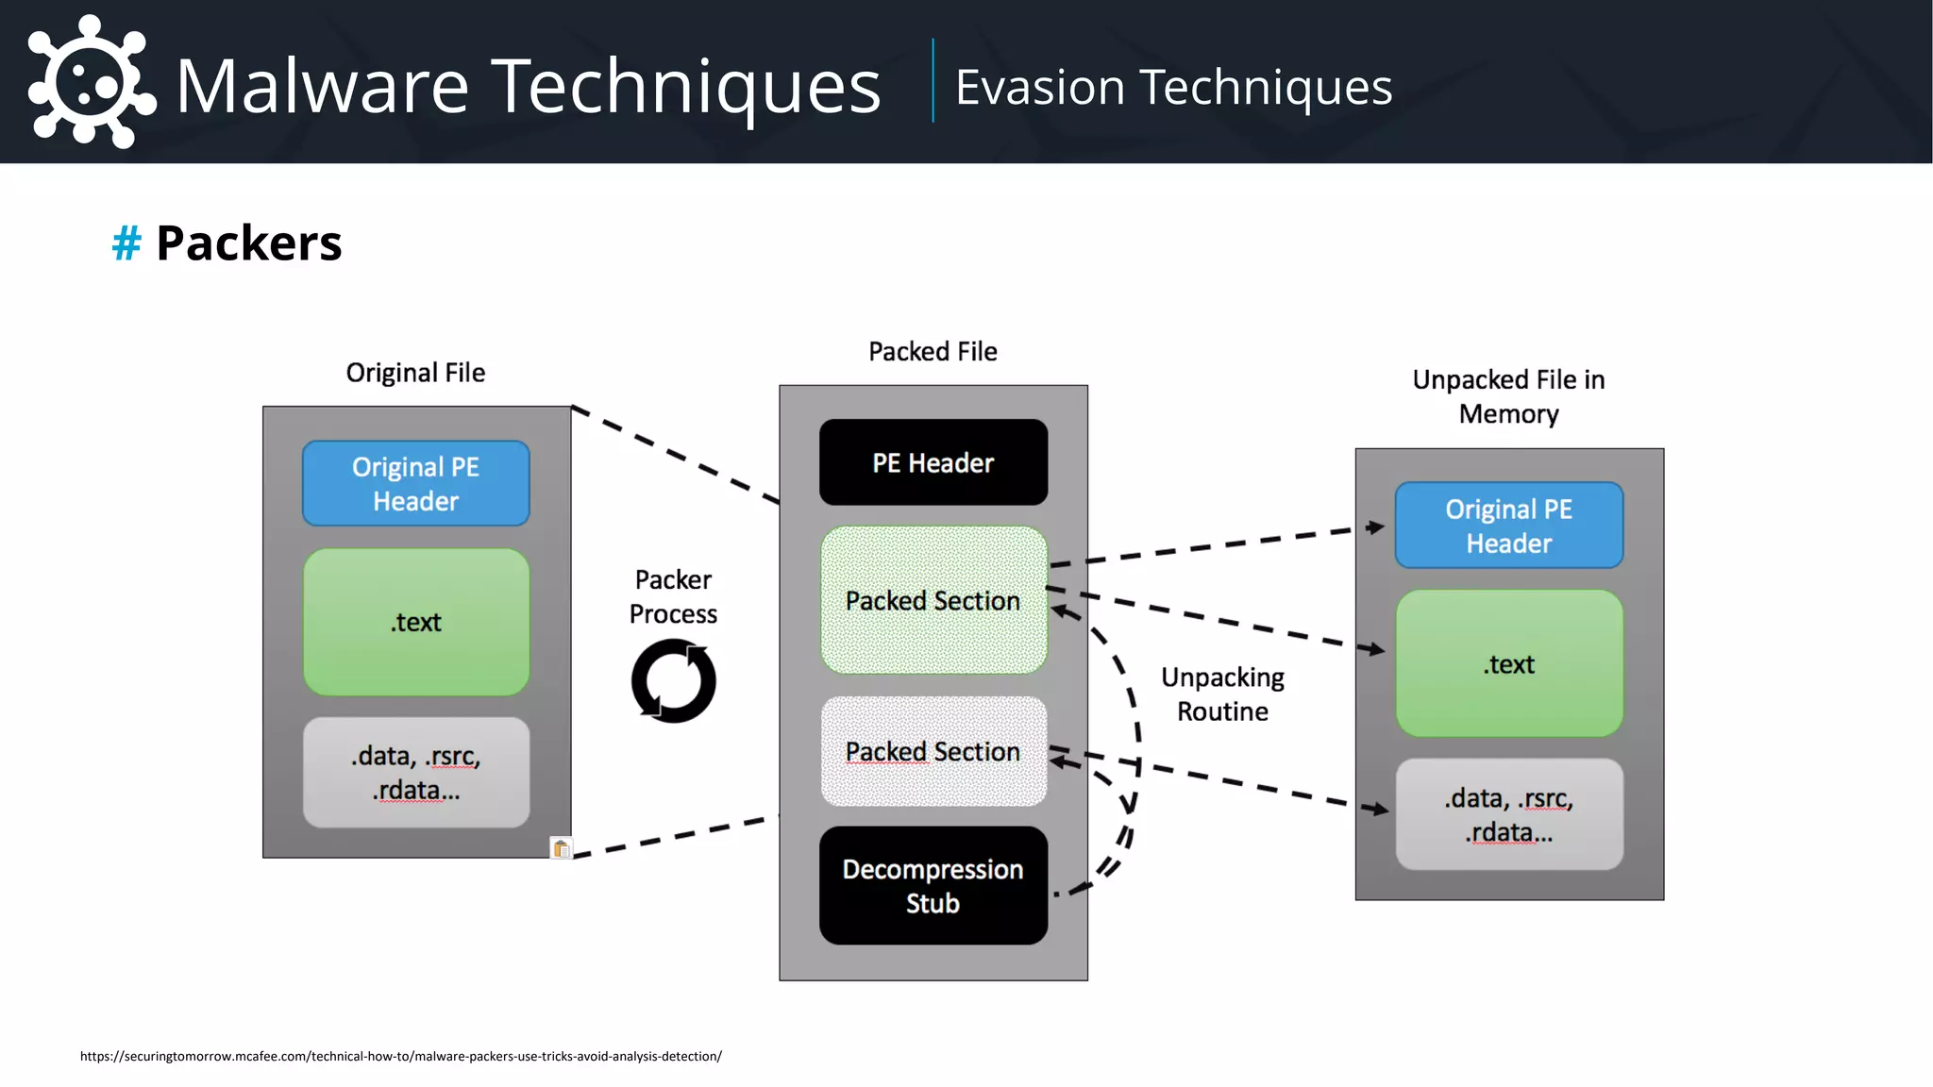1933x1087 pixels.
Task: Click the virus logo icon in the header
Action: pyautogui.click(x=91, y=83)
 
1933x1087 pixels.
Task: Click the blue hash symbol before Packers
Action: pyautogui.click(x=126, y=243)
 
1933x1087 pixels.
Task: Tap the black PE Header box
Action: pyautogui.click(x=933, y=462)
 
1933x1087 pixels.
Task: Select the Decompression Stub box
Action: pyautogui.click(x=933, y=885)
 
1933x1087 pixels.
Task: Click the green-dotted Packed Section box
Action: pyautogui.click(x=933, y=600)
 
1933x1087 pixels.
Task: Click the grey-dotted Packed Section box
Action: pyautogui.click(x=933, y=751)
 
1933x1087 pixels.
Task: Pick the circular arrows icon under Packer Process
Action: pyautogui.click(x=673, y=681)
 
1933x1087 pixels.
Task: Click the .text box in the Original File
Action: pyautogui.click(x=415, y=622)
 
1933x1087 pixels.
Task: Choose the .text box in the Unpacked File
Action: pyautogui.click(x=1508, y=663)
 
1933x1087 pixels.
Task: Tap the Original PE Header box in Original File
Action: pyautogui.click(x=415, y=483)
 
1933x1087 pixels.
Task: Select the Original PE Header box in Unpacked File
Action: pyautogui.click(x=1508, y=526)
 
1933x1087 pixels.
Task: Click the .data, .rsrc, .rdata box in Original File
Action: pyautogui.click(x=415, y=773)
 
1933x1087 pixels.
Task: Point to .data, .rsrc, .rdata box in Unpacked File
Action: pyautogui.click(x=1508, y=814)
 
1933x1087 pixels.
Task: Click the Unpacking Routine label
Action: pyautogui.click(x=1222, y=694)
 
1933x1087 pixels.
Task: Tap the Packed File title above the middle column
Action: pyautogui.click(x=933, y=351)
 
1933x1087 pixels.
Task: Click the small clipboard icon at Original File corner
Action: pyautogui.click(x=561, y=848)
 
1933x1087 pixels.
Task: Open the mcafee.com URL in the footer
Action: pyautogui.click(x=400, y=1056)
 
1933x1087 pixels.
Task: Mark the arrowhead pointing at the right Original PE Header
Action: pyautogui.click(x=1376, y=527)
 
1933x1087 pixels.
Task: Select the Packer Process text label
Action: pyautogui.click(x=673, y=596)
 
